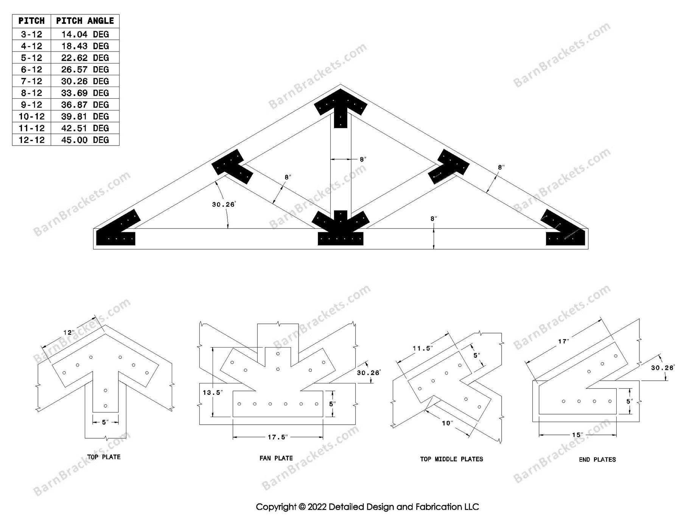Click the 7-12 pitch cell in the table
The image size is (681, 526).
[31, 81]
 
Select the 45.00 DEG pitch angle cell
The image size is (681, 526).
[85, 140]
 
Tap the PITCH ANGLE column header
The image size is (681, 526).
[85, 21]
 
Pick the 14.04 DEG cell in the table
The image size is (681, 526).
[85, 34]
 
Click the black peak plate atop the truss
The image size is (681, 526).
[340, 104]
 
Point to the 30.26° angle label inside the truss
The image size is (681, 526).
[224, 205]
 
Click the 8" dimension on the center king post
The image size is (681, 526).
[363, 160]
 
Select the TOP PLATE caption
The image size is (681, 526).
[104, 457]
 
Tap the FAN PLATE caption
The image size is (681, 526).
[276, 458]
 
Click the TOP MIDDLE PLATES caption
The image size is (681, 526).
[451, 459]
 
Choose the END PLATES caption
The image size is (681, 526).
[597, 459]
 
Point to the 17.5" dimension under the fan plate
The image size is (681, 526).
[277, 437]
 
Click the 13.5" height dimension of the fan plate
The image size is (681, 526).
[212, 393]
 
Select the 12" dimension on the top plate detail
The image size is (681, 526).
[69, 332]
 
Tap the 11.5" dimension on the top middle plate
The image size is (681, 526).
[422, 348]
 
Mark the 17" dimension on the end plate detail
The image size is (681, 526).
[563, 341]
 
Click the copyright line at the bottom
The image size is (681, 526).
[367, 507]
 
